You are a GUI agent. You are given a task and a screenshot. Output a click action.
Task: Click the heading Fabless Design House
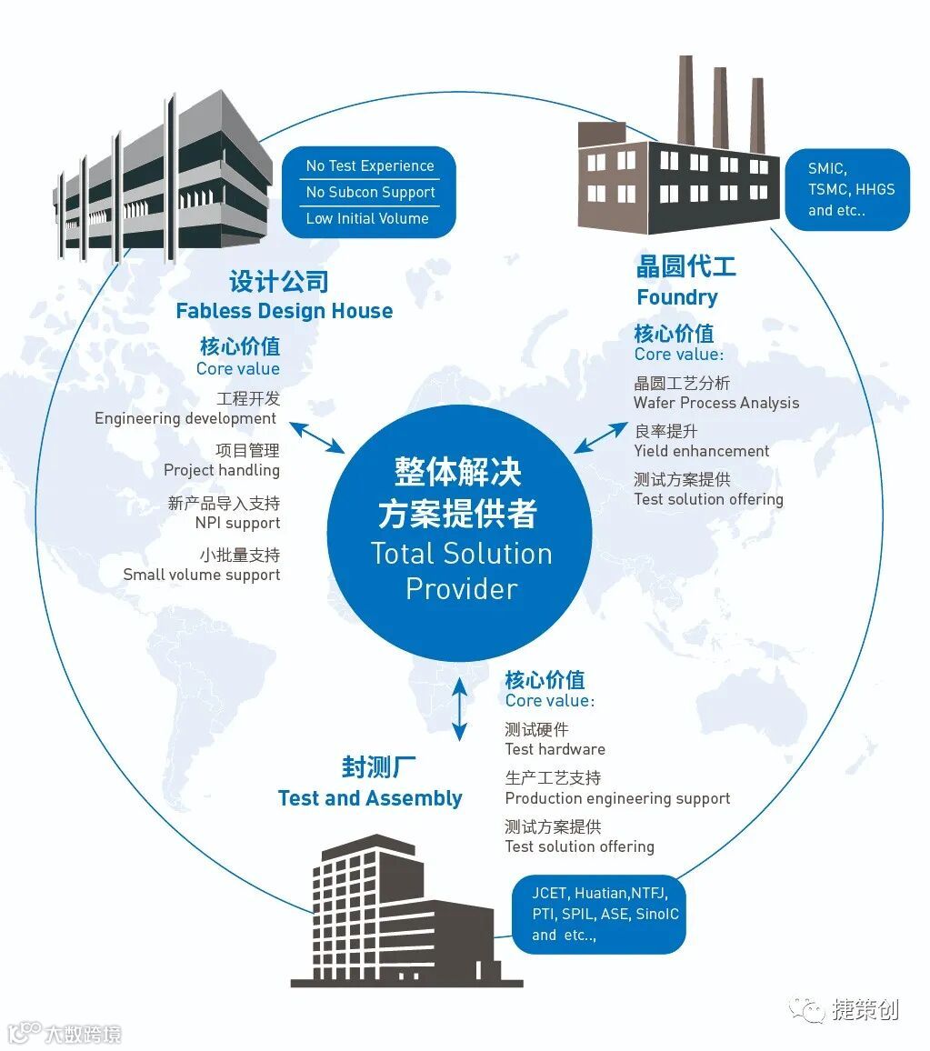coord(284,311)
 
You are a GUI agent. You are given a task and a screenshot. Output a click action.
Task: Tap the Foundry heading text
coord(676,297)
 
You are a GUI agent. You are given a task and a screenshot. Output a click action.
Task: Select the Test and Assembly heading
coord(370,798)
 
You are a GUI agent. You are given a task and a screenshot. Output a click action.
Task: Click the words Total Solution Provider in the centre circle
coord(461,571)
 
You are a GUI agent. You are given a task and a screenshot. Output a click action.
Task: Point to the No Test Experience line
coord(370,166)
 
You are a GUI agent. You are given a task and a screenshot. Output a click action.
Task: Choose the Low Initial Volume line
coord(367,218)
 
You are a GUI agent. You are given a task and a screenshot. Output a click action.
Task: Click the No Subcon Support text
coord(370,193)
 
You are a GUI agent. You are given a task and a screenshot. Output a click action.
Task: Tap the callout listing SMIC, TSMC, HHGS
coord(847,189)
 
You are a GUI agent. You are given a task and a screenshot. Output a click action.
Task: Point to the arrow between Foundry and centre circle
coord(600,437)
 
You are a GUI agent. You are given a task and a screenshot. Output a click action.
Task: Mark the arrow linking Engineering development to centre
coord(317,436)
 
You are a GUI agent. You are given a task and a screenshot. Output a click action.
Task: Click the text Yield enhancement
coord(701,451)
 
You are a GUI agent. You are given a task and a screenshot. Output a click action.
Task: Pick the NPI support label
coord(237,524)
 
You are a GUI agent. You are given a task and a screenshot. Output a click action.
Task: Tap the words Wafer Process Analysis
coord(716,403)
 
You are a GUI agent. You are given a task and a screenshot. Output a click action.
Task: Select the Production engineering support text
coord(617,798)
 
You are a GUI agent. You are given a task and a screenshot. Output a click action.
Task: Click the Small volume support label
coord(202,575)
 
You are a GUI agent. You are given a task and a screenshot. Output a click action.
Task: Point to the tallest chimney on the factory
coord(686,100)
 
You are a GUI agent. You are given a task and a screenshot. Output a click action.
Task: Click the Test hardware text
coord(555,749)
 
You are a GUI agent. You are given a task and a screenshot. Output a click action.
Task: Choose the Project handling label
coord(222,470)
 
